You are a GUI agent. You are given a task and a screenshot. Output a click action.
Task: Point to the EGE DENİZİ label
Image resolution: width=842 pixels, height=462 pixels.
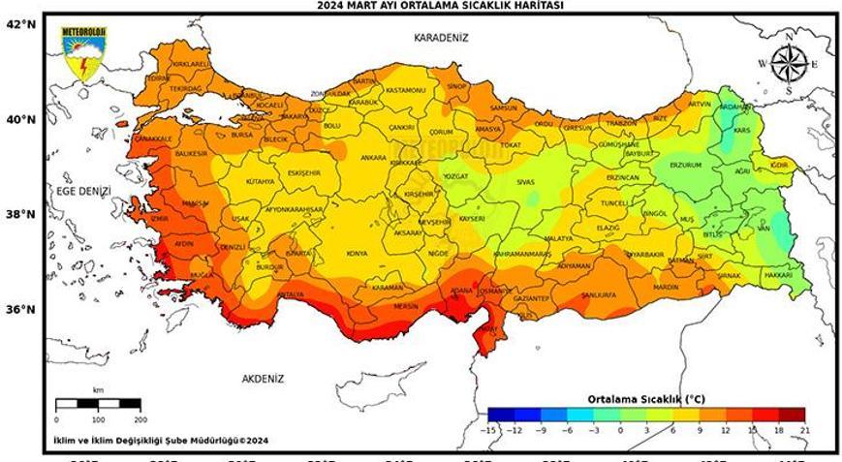pyautogui.click(x=83, y=191)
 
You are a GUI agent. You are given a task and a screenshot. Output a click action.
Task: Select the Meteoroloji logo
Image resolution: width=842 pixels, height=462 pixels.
pyautogui.click(x=84, y=55)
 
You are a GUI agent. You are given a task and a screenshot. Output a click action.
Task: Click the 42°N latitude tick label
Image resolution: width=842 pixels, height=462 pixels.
pyautogui.click(x=21, y=25)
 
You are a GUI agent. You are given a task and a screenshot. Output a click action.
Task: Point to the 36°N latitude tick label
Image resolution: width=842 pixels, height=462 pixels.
pyautogui.click(x=21, y=310)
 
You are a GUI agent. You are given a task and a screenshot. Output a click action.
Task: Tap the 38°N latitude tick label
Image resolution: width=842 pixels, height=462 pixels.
pyautogui.click(x=21, y=215)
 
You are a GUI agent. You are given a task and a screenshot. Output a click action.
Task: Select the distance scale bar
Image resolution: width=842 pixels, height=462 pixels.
pyautogui.click(x=98, y=404)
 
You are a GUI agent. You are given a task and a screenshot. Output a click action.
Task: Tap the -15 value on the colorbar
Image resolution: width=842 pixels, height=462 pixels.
pyautogui.click(x=492, y=428)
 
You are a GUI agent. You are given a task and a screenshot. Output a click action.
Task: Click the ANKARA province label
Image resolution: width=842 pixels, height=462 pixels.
pyautogui.click(x=346, y=157)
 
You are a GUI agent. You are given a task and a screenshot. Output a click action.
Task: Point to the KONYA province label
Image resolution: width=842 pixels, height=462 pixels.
pyautogui.click(x=357, y=254)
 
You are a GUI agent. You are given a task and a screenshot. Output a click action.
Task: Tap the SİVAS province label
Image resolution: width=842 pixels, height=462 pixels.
pyautogui.click(x=525, y=182)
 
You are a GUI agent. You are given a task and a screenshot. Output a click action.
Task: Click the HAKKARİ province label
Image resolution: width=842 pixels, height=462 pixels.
pyautogui.click(x=778, y=276)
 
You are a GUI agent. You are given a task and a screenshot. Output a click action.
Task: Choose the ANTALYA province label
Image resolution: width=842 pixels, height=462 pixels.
pyautogui.click(x=290, y=294)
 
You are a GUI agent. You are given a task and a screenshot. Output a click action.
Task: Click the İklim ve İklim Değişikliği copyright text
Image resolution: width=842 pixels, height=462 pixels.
pyautogui.click(x=161, y=441)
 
